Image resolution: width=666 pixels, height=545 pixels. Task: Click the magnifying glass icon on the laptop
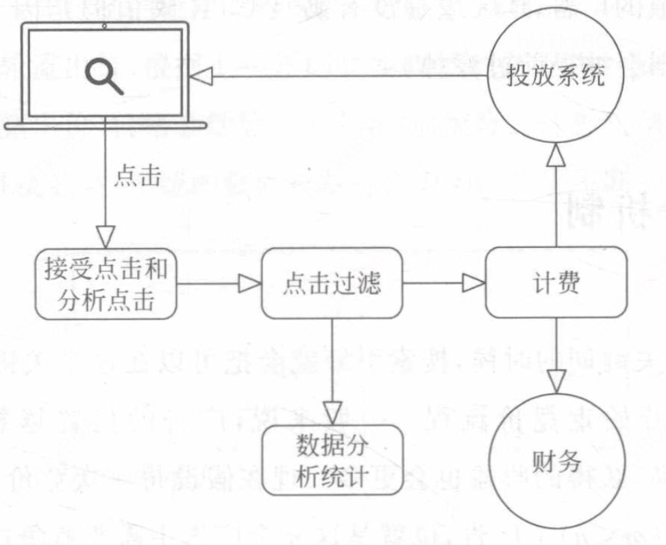coord(104,75)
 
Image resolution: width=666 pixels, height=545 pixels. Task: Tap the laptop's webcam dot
coord(105,26)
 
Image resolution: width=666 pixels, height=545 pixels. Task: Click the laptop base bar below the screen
coord(104,125)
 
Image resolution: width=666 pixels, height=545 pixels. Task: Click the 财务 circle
coord(555,461)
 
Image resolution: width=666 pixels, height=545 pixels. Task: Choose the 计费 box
coord(556,283)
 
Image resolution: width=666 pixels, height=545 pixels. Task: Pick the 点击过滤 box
coord(332,283)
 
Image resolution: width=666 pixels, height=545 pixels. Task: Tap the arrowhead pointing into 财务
coord(555,378)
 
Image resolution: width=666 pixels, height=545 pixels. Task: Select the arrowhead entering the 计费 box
coord(473,282)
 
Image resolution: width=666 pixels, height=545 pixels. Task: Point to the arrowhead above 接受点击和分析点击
coord(105,236)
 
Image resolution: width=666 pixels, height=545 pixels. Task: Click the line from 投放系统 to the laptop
coord(343,77)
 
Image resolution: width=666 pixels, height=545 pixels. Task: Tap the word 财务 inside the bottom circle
coord(555,461)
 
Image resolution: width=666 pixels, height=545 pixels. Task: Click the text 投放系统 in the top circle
coord(555,76)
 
